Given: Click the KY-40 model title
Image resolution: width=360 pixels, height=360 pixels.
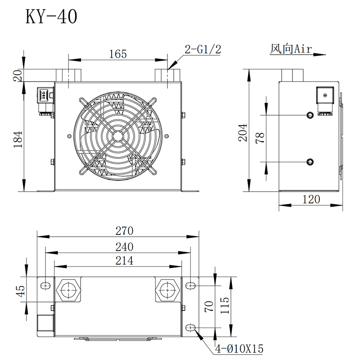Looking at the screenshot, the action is (51, 17).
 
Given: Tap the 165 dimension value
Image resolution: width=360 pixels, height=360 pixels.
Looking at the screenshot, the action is (118, 54).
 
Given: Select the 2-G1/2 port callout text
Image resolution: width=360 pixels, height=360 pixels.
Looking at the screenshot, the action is (203, 49).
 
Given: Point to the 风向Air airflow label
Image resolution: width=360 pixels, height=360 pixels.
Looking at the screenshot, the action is (291, 49).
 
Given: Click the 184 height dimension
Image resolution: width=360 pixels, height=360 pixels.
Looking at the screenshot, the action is (18, 139).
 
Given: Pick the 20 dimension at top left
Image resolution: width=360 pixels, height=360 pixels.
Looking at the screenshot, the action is (18, 75).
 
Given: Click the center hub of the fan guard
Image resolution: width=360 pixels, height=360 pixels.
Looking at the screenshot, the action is (117, 136).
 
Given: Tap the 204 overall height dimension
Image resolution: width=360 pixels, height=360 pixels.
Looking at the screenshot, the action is (243, 133).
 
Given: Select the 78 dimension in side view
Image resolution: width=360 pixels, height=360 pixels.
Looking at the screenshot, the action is (260, 138).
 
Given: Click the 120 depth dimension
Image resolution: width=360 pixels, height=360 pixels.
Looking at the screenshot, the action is (311, 199).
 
